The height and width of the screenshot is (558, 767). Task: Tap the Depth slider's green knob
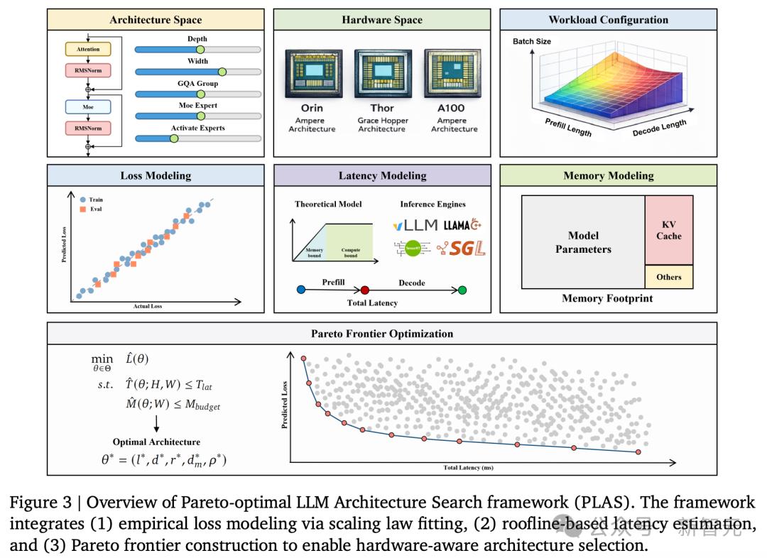click(x=200, y=50)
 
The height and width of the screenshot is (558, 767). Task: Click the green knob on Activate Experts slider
click(x=174, y=138)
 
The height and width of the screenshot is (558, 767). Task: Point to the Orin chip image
click(x=312, y=74)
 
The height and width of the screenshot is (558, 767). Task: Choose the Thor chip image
click(x=382, y=74)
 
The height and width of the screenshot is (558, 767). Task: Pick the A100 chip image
click(x=453, y=74)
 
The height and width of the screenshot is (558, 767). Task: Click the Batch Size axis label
click(x=532, y=41)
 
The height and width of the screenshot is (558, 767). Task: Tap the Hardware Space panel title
click(x=382, y=20)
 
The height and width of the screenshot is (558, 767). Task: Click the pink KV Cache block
click(x=668, y=230)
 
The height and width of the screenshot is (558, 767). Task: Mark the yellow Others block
click(x=668, y=277)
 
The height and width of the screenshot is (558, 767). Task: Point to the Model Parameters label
click(x=583, y=242)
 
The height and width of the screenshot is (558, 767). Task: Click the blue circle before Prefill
click(x=300, y=290)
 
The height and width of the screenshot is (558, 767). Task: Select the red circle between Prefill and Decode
click(x=365, y=290)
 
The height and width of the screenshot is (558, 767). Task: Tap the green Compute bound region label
click(x=351, y=252)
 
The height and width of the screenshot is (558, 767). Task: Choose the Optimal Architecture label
click(x=156, y=442)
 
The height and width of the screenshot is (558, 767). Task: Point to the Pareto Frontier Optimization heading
click(x=382, y=333)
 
